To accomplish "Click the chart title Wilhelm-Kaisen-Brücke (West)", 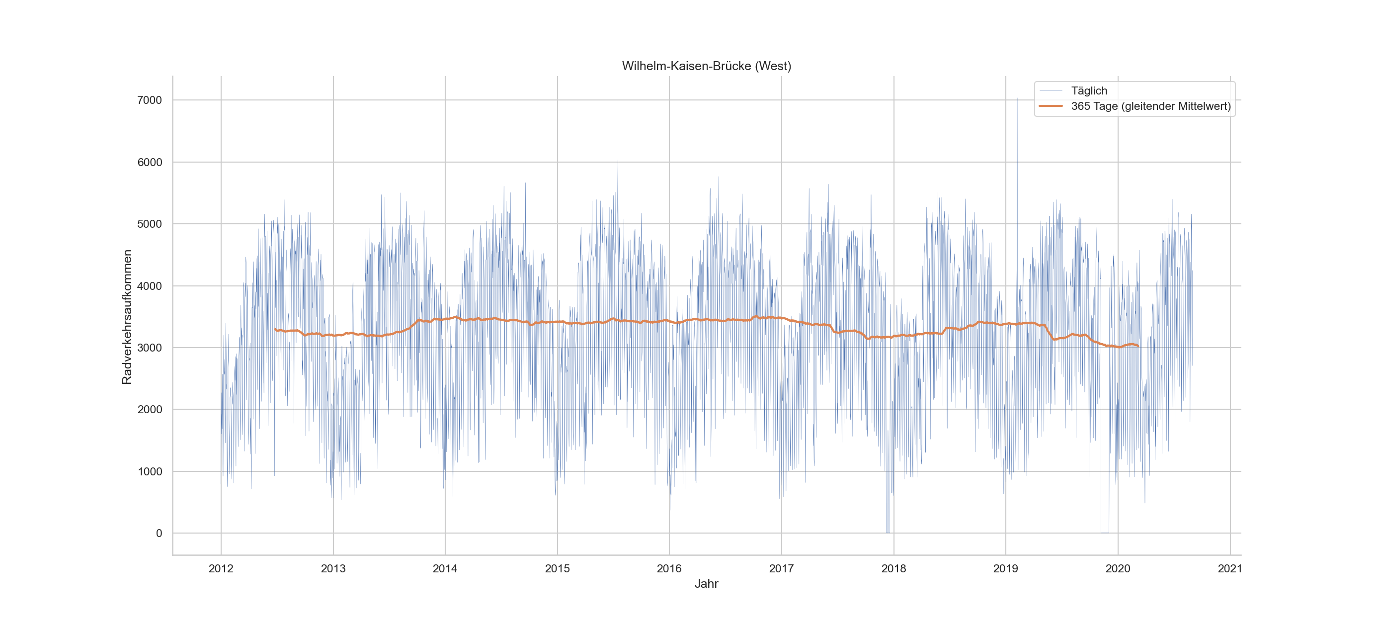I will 706,66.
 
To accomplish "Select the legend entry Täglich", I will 1088,91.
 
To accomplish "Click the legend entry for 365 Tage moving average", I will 1150,106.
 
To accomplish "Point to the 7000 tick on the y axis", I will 150,100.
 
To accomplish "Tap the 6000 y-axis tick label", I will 150,162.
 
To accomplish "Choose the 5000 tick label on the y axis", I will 150,224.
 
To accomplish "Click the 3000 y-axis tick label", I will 150,348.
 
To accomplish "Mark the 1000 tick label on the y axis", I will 150,471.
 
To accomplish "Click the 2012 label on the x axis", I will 221,569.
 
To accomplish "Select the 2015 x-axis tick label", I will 557,569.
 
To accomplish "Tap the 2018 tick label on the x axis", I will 893,569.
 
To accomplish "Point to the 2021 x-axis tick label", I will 1229,569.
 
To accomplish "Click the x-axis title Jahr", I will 706,584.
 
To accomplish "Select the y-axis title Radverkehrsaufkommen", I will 127,317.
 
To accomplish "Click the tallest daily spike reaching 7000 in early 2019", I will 1017,99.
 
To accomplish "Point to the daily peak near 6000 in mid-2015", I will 618,161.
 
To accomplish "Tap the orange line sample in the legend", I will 1051,106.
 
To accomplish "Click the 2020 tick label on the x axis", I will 1118,569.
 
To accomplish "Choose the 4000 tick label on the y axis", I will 150,286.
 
